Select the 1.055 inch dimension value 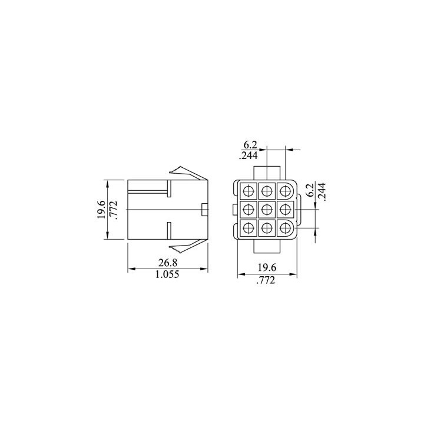pyautogui.click(x=168, y=275)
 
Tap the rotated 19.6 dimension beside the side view pyautogui.click(x=101, y=210)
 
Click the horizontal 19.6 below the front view pyautogui.click(x=267, y=267)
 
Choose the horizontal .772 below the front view pyautogui.click(x=267, y=281)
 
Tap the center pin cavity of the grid pyautogui.click(x=267, y=209)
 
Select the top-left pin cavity pyautogui.click(x=249, y=191)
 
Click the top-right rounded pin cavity pyautogui.click(x=285, y=191)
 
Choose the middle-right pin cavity pyautogui.click(x=285, y=209)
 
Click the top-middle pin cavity pyautogui.click(x=267, y=191)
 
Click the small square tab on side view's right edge pyautogui.click(x=204, y=209)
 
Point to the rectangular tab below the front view pyautogui.click(x=267, y=246)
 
